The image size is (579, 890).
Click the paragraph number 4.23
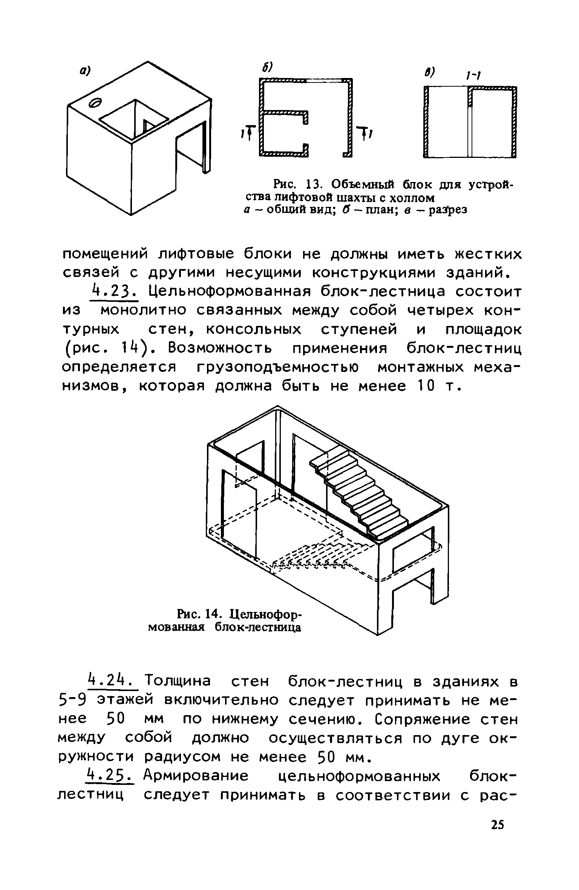tap(114, 292)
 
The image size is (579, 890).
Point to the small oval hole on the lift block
tap(96, 102)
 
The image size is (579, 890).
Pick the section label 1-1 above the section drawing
tap(472, 76)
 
